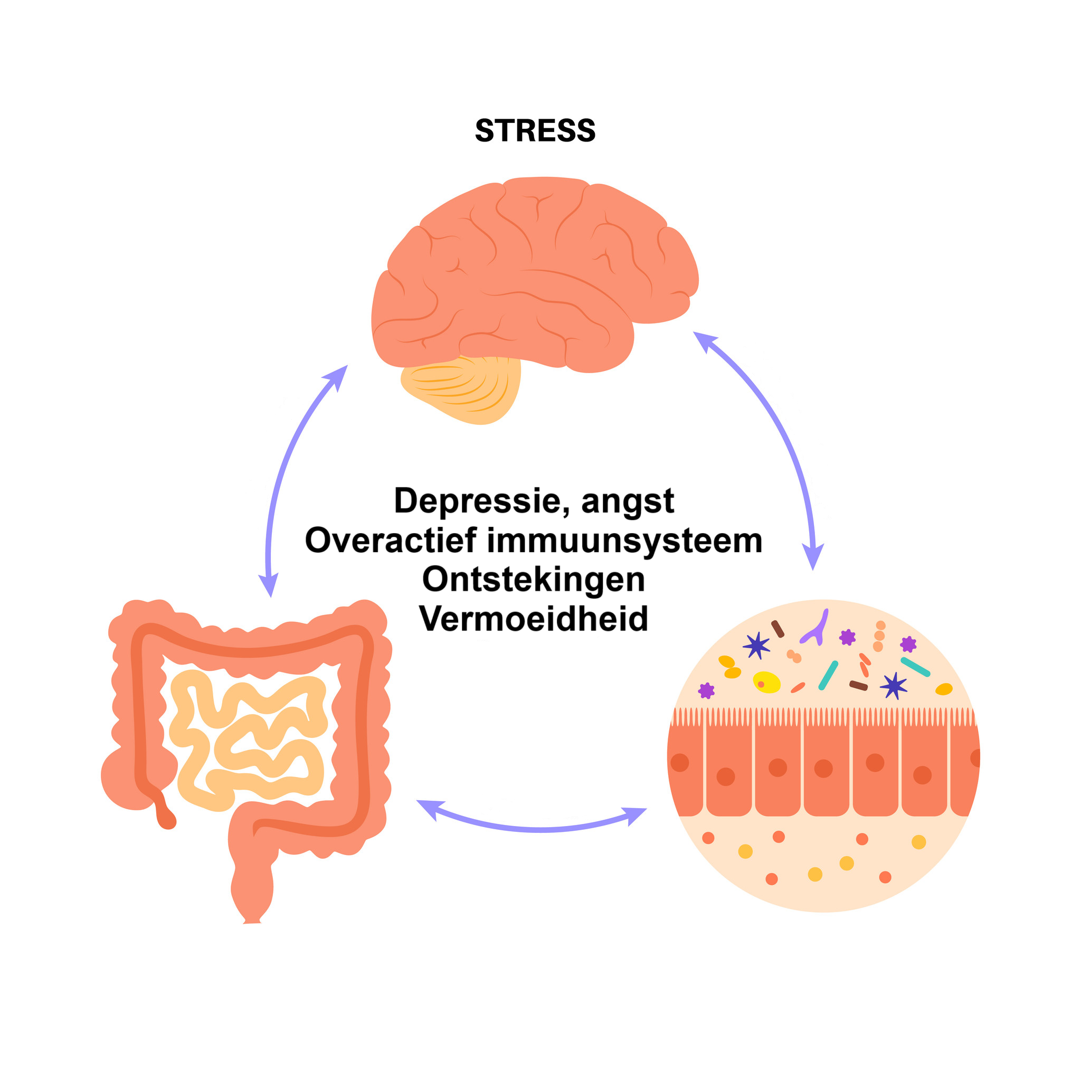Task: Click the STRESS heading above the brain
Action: pos(535,131)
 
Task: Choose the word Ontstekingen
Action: pos(533,580)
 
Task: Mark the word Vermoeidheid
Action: pos(533,618)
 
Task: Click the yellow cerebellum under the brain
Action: pos(460,388)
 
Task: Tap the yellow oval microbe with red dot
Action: pos(766,682)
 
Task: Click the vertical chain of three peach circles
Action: pos(879,636)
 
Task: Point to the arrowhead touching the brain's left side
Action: pos(336,376)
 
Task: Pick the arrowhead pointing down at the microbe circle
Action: pos(813,556)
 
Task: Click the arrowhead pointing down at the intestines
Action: pos(269,584)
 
